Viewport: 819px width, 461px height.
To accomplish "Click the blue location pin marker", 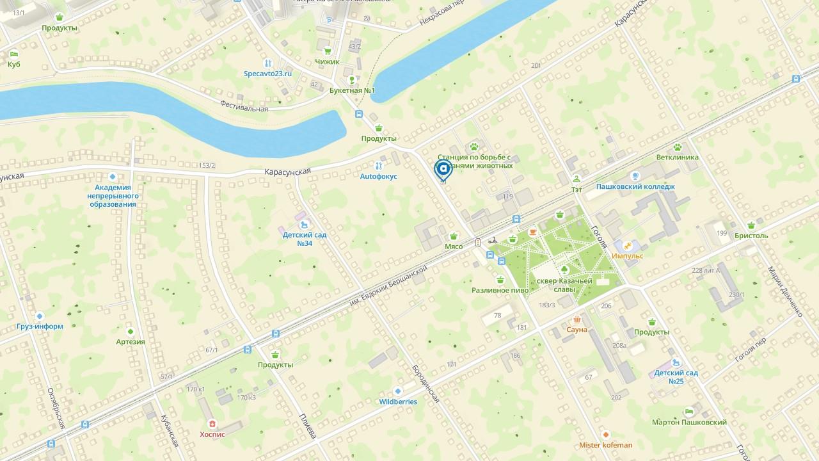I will coord(443,170).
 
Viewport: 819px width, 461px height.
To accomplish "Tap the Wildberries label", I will coord(398,402).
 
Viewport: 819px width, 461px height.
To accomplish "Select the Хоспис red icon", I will coord(212,424).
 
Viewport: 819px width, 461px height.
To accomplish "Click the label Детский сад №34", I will coord(305,239).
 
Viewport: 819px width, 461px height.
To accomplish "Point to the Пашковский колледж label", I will coord(635,187).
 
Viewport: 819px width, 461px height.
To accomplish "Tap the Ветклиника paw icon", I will coord(678,147).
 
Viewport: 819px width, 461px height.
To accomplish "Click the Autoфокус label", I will coord(378,176).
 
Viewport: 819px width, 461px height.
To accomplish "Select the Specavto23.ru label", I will coord(267,74).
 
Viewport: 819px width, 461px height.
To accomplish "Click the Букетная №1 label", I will coord(352,90).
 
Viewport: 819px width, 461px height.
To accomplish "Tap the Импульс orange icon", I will coord(628,246).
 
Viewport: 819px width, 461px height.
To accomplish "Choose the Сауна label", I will coord(576,330).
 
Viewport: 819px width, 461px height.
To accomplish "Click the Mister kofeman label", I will coord(605,445).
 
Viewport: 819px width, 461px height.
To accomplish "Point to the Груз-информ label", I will coord(40,326).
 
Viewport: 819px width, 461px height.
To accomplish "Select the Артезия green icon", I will coord(131,332).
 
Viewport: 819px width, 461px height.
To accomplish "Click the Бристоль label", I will coord(751,236).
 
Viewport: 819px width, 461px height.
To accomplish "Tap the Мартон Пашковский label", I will coord(689,423).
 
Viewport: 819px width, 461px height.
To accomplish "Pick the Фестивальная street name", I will coord(244,106).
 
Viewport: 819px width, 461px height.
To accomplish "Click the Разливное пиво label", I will coord(500,290).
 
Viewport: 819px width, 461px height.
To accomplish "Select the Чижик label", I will coord(327,61).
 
